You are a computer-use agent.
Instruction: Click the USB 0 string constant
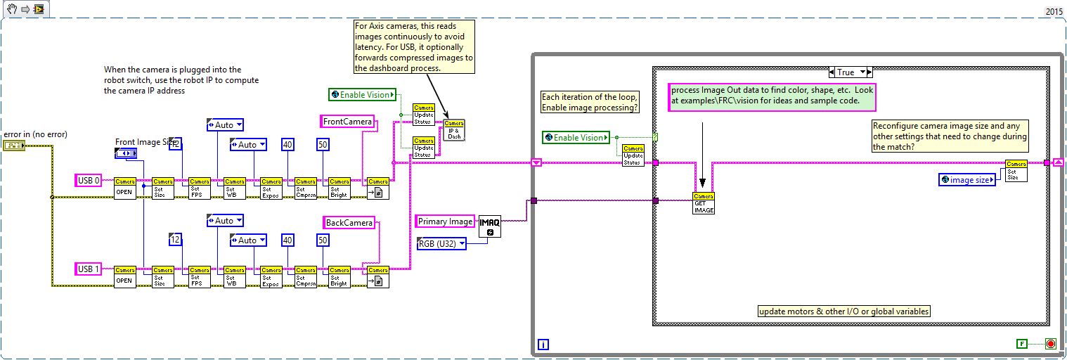click(89, 181)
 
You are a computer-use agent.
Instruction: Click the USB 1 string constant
click(89, 269)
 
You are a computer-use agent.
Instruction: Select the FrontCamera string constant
click(347, 122)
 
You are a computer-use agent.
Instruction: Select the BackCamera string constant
click(349, 222)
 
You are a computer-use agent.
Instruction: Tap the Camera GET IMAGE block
click(704, 203)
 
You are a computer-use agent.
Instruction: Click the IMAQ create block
click(490, 226)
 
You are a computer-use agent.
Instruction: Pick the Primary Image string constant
click(445, 221)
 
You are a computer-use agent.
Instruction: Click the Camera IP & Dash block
click(454, 130)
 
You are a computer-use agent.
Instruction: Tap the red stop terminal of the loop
click(1051, 344)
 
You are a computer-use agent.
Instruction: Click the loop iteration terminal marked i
click(543, 344)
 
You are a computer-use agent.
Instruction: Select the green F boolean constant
click(1022, 344)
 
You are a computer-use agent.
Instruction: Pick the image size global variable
click(967, 180)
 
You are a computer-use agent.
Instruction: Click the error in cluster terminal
click(13, 146)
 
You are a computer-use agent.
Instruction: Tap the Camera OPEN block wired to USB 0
click(124, 188)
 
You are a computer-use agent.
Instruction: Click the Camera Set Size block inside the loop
click(1016, 171)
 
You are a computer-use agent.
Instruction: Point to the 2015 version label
click(1054, 11)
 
